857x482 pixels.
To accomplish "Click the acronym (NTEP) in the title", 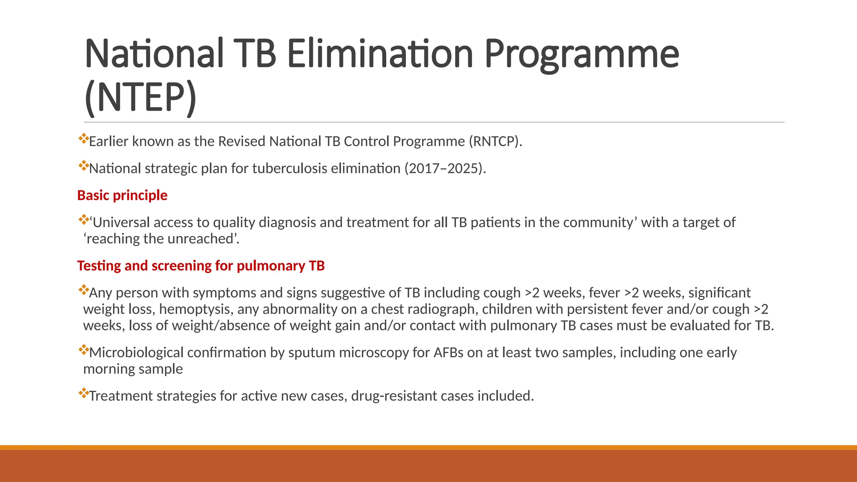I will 140,97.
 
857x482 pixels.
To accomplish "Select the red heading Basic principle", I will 122,195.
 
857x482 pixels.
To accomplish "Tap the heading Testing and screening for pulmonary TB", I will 201,266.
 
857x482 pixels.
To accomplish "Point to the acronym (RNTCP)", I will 495,141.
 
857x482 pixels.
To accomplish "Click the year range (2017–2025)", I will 445,168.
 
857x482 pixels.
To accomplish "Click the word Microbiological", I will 136,353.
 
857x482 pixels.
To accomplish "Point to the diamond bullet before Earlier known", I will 83,138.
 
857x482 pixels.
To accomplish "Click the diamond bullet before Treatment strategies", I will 83,393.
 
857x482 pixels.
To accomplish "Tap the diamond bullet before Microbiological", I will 83,350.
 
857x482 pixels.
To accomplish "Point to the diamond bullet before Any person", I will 83,290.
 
